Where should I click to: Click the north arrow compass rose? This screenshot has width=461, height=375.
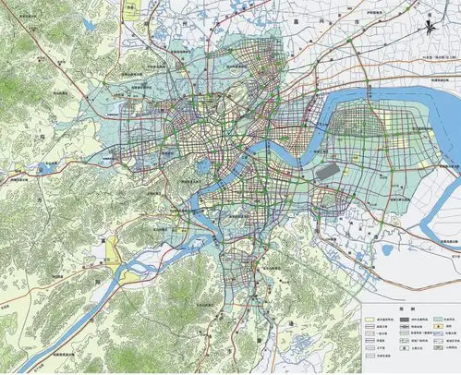(x=433, y=29)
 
